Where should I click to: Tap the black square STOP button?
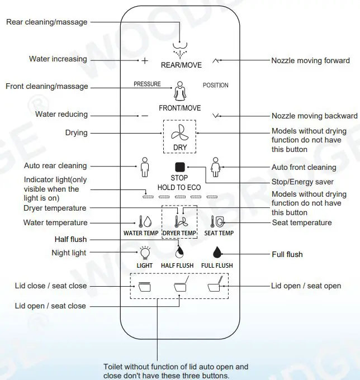pos(180,167)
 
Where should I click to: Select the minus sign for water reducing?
pos(145,115)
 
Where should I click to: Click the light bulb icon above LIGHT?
pos(145,253)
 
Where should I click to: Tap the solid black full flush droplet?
pos(217,253)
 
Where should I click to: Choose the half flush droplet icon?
pos(180,250)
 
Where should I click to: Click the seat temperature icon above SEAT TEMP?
pos(218,221)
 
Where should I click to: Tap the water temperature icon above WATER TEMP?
pos(140,221)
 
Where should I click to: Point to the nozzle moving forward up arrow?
pos(217,60)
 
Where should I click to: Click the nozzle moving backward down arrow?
pos(217,116)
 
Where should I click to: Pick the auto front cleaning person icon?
pos(215,167)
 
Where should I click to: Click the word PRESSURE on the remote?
pos(147,84)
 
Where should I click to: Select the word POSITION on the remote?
pos(215,85)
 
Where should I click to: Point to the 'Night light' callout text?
pos(69,253)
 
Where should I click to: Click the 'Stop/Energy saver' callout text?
pos(302,182)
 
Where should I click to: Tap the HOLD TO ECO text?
pos(179,187)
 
